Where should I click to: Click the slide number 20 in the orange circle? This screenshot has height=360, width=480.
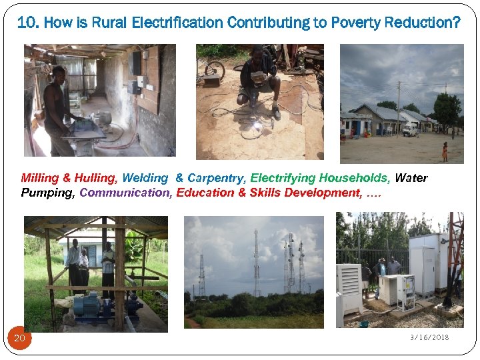(19, 339)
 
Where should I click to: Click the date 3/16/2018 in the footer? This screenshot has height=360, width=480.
(429, 337)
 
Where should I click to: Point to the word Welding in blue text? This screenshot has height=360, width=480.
(145, 178)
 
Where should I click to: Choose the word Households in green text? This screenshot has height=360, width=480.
(354, 178)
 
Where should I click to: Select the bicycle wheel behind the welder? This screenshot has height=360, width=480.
(215, 69)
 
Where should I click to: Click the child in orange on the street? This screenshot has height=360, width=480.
(445, 151)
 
